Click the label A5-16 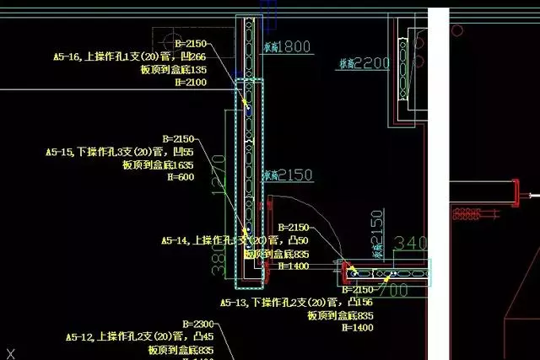pos(68,57)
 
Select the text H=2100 pos(191,83)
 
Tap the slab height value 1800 pos(295,47)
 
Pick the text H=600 pos(181,178)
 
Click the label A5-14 pos(176,240)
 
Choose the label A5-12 pos(82,336)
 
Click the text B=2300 pos(198,324)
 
